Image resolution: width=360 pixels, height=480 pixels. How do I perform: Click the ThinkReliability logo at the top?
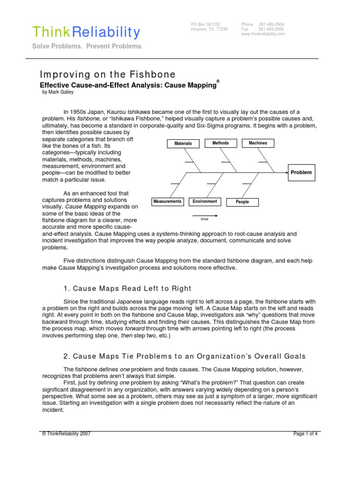click(x=86, y=32)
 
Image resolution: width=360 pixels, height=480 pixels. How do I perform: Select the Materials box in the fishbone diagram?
click(x=183, y=143)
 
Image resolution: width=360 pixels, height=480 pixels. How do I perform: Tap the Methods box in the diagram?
click(x=221, y=142)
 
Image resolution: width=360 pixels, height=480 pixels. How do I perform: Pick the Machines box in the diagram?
click(x=258, y=142)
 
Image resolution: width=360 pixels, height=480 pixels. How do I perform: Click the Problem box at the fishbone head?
click(x=301, y=172)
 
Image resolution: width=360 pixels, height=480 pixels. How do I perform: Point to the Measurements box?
click(x=167, y=202)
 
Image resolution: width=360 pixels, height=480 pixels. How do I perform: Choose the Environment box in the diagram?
click(x=205, y=202)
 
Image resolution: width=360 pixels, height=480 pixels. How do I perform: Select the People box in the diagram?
click(x=242, y=202)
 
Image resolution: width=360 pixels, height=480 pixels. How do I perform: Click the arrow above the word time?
click(x=205, y=215)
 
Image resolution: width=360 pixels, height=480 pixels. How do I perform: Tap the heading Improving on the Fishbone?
click(x=108, y=75)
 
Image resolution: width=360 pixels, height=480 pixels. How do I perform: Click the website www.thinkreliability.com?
click(x=263, y=34)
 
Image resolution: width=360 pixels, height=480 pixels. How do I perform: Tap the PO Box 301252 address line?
click(x=206, y=24)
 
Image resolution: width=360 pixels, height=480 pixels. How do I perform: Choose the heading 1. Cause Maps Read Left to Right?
click(x=127, y=288)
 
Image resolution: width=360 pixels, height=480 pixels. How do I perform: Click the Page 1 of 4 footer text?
click(x=306, y=434)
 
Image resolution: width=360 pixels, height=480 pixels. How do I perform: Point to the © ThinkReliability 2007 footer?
click(x=66, y=434)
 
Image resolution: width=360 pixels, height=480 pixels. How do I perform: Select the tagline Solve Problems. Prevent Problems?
click(x=87, y=46)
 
